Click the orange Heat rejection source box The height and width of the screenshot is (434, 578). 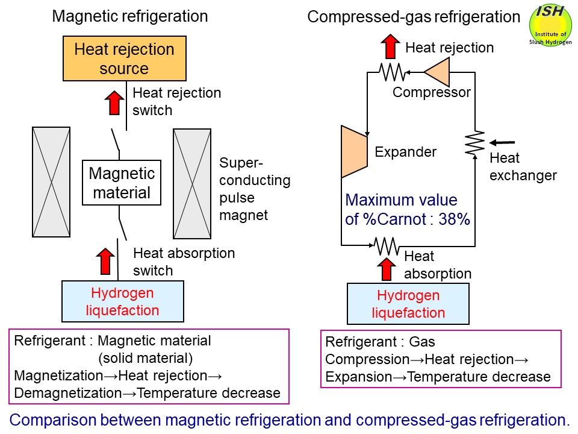pos(124,58)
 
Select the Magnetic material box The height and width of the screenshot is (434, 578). pos(121,183)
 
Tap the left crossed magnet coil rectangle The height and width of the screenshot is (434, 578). pos(51,182)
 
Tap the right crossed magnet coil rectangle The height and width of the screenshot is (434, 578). pos(191,183)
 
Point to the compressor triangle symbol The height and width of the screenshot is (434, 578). pos(438,72)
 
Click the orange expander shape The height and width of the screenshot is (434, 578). pos(354,151)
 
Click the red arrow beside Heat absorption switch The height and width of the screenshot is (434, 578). pos(105,261)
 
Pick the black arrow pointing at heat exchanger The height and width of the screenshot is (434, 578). pos(502,143)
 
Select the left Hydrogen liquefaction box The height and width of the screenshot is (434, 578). pos(122,302)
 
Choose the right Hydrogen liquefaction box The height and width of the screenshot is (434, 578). pos(408,304)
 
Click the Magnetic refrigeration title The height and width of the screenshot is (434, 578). pos(130,16)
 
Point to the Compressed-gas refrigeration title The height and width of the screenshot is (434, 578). pos(414,17)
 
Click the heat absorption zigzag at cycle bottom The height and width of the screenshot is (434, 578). pos(386,245)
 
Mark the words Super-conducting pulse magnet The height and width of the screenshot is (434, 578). pos(255,189)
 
